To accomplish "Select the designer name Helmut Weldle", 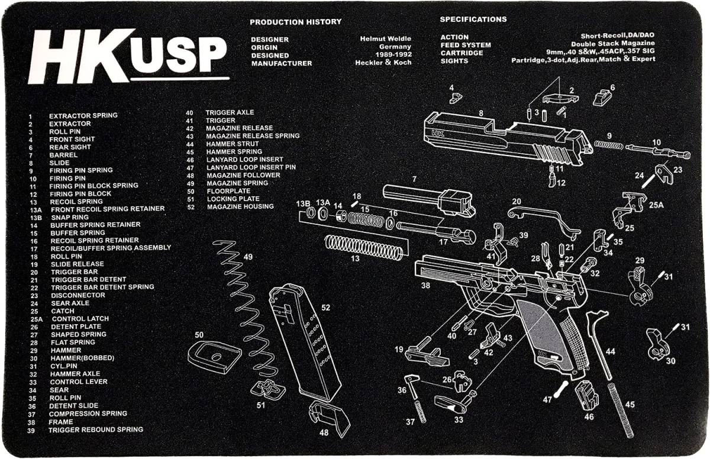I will coord(385,38).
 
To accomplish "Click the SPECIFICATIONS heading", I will coord(473,20).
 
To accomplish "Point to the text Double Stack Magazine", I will coord(612,44).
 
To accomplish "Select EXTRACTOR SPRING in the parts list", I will coord(83,115).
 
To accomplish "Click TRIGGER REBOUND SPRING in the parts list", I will coord(95,429).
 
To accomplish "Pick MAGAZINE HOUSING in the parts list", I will coord(240,206).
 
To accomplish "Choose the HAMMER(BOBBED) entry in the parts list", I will coord(82,358).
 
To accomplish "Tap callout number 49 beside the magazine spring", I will coord(247,257).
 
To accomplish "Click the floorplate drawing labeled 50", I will coord(214,357).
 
